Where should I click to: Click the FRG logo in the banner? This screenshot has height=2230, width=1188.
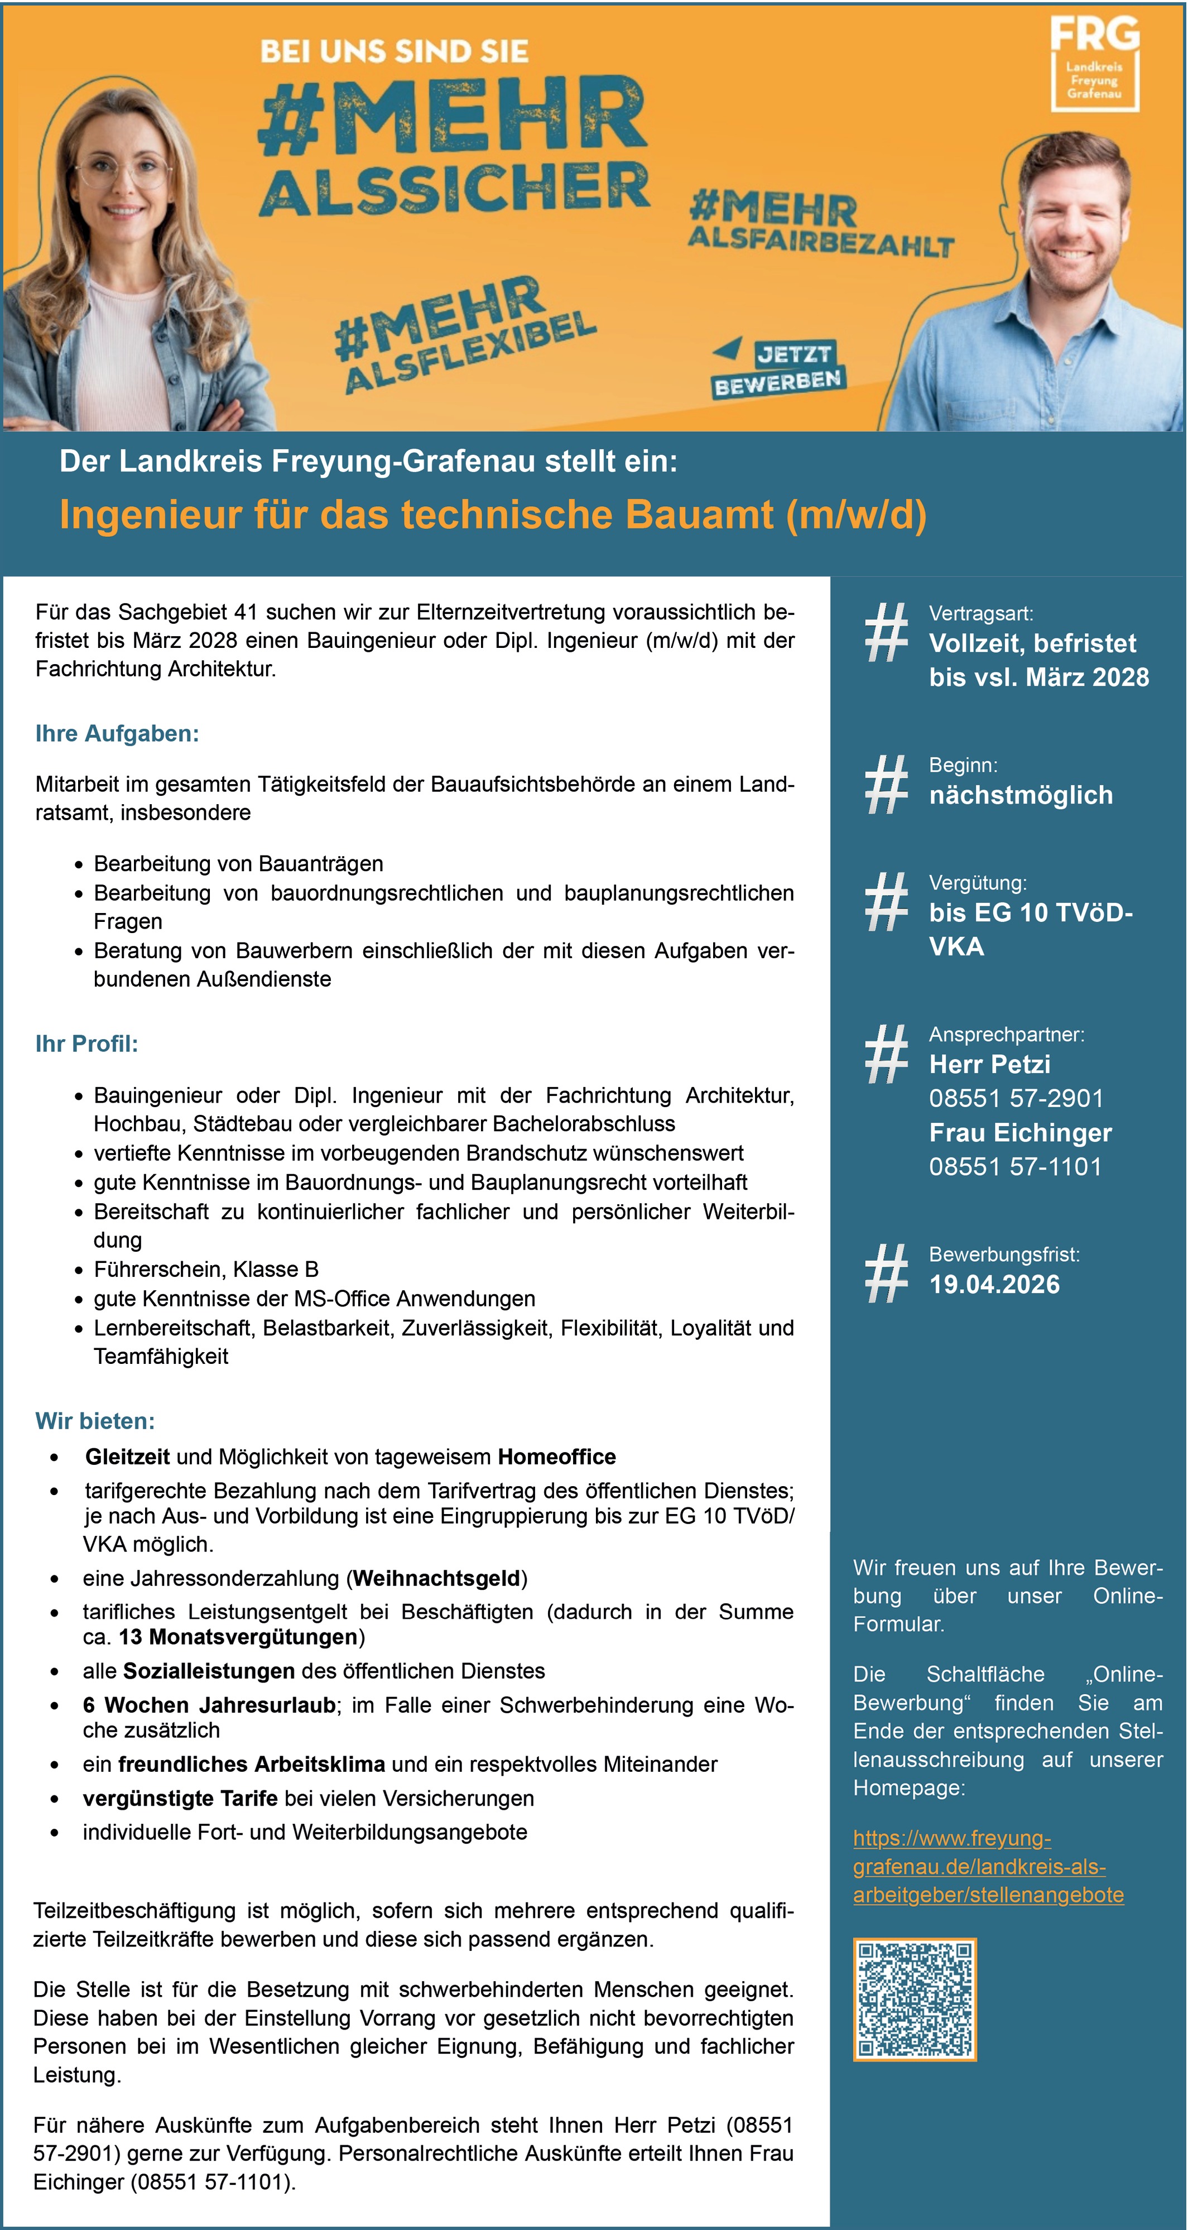click(1094, 64)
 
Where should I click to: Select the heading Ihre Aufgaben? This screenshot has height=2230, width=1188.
click(117, 734)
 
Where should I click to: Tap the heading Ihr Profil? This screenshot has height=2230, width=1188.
click(86, 1044)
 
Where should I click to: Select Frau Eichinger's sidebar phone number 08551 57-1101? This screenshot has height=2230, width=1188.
click(1015, 1166)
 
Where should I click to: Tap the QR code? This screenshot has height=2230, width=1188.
click(915, 1999)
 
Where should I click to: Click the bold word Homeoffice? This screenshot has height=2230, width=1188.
click(557, 1457)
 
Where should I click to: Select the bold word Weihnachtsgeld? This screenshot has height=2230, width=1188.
click(436, 1578)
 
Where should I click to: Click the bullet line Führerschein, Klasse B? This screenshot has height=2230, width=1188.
click(206, 1269)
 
